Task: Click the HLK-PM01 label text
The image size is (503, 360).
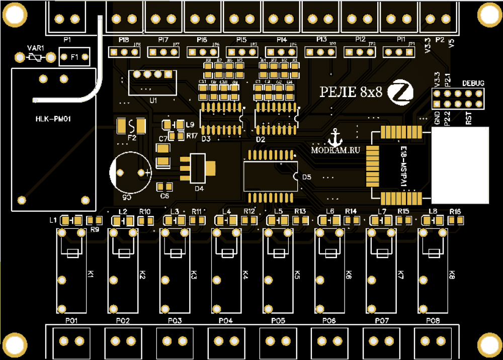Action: [53, 119]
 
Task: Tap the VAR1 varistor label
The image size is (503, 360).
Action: [36, 48]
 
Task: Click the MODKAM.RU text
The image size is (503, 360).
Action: [336, 149]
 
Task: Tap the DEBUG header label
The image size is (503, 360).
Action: [473, 83]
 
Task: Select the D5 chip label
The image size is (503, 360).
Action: [307, 177]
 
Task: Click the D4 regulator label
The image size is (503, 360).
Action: [199, 189]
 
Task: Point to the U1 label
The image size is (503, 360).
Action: [153, 100]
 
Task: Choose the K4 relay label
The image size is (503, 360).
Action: [245, 275]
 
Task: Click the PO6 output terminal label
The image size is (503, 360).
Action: [329, 321]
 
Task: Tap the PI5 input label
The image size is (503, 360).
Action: [241, 39]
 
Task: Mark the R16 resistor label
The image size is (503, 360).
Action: [455, 211]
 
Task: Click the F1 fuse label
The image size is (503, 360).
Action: [74, 57]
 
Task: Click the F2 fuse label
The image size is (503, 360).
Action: [132, 137]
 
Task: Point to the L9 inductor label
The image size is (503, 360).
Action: [190, 124]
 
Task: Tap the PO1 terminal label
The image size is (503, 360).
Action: [70, 321]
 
